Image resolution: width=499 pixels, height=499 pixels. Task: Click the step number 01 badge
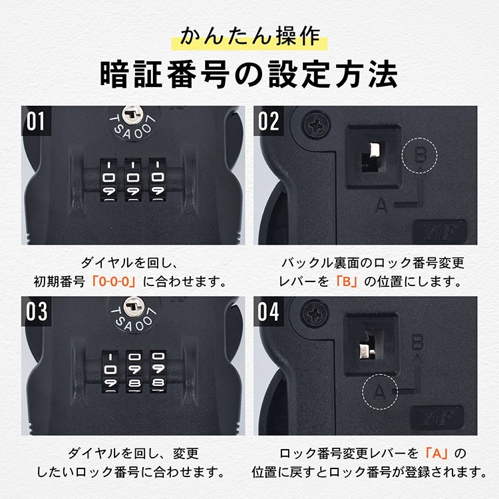point(36,121)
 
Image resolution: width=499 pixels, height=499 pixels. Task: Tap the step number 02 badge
point(269,121)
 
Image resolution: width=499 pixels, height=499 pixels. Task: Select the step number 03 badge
point(36,311)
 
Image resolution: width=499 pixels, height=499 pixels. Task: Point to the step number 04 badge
point(269,311)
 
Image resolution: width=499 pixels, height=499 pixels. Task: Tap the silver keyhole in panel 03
point(133,306)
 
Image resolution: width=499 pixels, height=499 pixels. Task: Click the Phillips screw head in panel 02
point(315,124)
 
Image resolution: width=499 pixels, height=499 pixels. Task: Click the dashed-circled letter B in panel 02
point(419,156)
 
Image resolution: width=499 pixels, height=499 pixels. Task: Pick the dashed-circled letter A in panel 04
point(380,392)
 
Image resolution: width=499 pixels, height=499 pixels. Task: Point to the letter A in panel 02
point(381,206)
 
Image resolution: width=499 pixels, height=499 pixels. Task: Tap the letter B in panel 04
point(418,343)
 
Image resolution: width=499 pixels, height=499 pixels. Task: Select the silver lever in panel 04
point(366,351)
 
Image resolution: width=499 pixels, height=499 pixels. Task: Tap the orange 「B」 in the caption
point(347,281)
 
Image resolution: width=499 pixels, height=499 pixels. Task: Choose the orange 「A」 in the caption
point(436,453)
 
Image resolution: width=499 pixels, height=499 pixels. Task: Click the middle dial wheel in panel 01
point(132,180)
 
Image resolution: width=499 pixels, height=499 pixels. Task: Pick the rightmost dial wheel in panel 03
point(158,371)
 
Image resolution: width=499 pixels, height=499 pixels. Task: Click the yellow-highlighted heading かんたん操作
point(249,37)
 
